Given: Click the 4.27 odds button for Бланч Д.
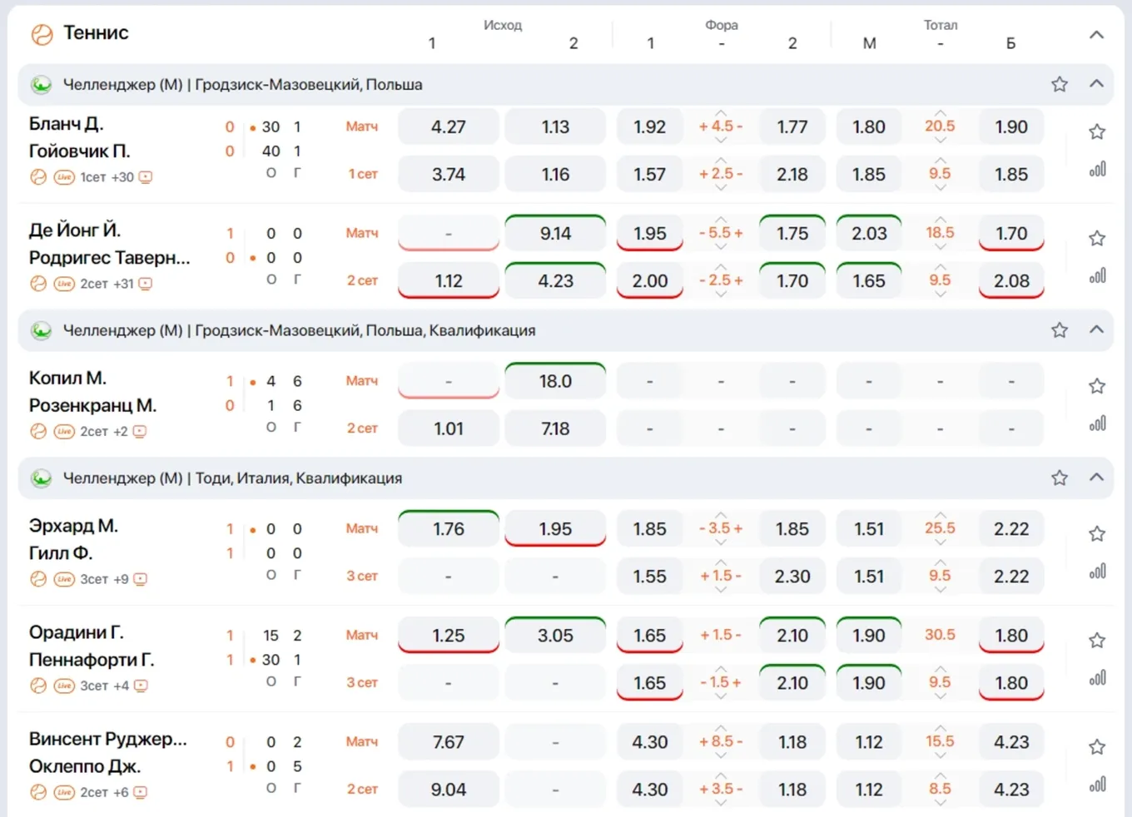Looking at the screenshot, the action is [449, 126].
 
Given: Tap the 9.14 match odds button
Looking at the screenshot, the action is [555, 233].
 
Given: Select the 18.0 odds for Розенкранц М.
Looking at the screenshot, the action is [555, 380].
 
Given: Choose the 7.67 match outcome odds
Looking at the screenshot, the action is [449, 741].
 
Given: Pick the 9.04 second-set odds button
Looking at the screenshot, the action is [449, 789].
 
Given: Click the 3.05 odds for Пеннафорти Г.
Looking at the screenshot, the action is [555, 635].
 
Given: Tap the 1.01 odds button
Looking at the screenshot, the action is [449, 428].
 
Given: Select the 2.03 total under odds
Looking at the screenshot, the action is [869, 233].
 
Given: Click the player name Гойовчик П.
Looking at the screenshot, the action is [79, 151].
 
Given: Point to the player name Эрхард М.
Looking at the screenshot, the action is [73, 526].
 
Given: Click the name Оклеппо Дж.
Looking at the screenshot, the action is [85, 766].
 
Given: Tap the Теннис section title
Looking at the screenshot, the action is [96, 32].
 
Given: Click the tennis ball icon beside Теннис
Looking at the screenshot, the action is [42, 35].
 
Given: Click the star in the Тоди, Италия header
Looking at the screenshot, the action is [1060, 478].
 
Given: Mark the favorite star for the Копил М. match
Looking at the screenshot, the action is [1097, 386].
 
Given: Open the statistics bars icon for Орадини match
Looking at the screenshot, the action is [1097, 677].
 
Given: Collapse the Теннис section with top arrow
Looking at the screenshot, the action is [1096, 35].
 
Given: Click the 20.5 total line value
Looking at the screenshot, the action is [940, 126].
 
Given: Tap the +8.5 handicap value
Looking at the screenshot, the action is [721, 740].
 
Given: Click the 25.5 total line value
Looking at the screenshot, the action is [940, 528].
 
